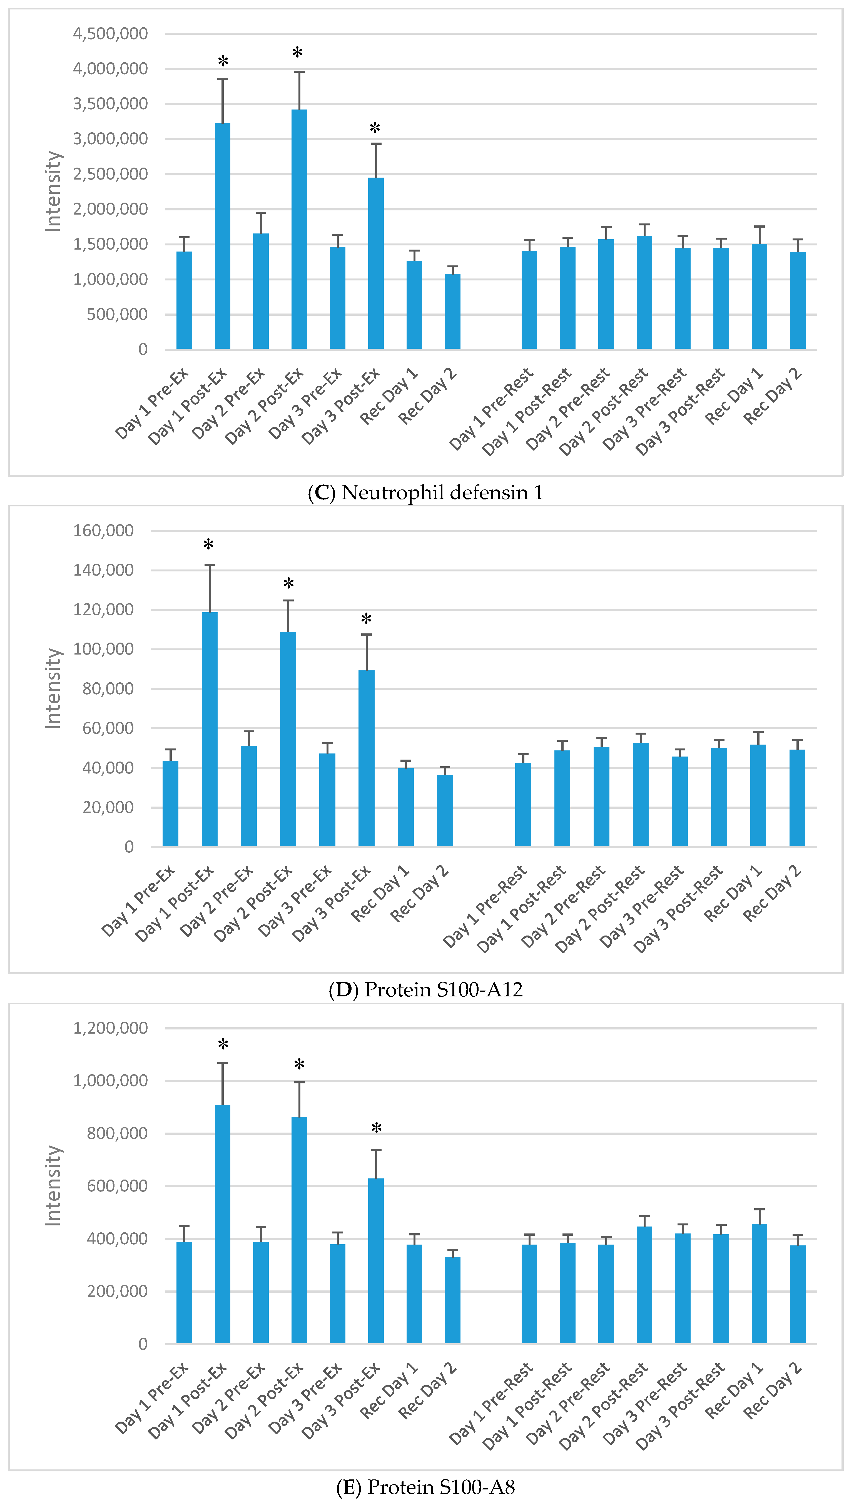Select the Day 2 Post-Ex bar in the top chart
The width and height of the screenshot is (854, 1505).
click(x=299, y=229)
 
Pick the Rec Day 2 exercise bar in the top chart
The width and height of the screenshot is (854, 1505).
click(x=452, y=312)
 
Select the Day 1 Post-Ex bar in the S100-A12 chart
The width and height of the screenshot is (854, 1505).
click(x=209, y=729)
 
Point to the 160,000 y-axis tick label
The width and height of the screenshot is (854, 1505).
click(x=103, y=531)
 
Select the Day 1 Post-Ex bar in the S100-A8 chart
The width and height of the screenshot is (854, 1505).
click(x=222, y=1225)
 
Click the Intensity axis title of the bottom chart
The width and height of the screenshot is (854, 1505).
click(x=53, y=1186)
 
